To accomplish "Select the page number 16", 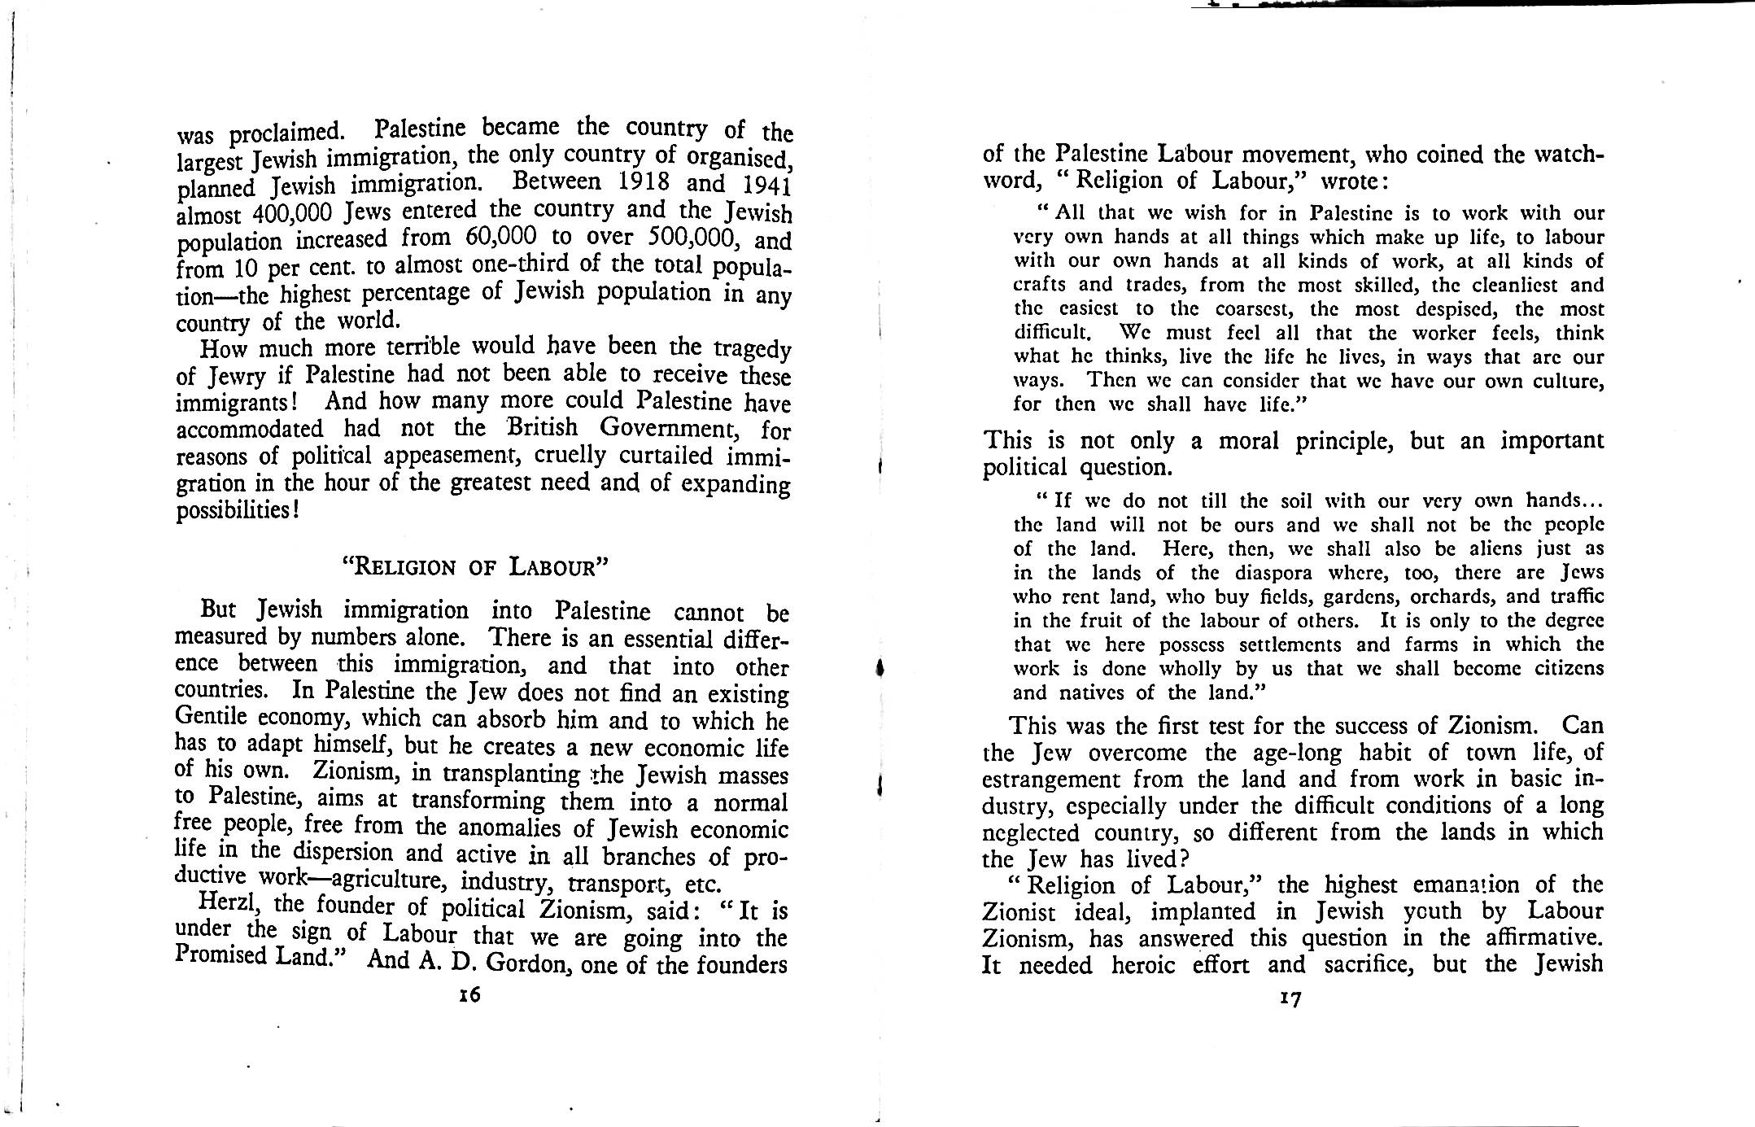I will pyautogui.click(x=469, y=994).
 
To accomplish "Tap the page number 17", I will pyautogui.click(x=1290, y=999).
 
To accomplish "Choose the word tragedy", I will pyautogui.click(x=752, y=350).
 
